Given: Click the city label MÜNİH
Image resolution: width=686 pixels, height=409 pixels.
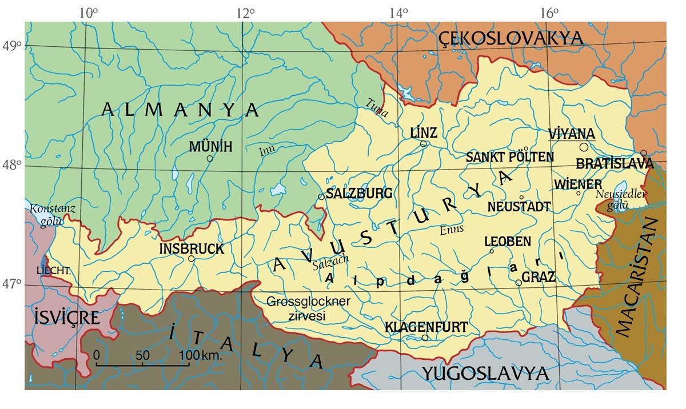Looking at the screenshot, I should (x=210, y=147).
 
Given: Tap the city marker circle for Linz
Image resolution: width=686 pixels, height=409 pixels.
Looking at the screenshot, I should (x=424, y=144).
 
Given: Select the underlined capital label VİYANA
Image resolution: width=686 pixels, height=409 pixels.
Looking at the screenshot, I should (x=572, y=133).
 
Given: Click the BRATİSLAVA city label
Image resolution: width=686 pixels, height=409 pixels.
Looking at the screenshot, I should (x=615, y=164).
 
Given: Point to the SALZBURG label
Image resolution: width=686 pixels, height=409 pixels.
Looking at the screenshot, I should (x=359, y=193).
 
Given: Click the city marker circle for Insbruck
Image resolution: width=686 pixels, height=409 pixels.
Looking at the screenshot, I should (x=192, y=258).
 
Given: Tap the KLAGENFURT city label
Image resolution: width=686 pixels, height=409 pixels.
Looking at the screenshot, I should (x=426, y=327).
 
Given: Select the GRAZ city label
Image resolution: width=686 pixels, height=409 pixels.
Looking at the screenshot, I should (x=539, y=278).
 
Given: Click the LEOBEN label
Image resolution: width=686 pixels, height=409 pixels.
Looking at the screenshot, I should (x=507, y=242).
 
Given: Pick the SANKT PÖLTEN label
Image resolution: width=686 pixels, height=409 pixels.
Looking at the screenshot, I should (x=510, y=157).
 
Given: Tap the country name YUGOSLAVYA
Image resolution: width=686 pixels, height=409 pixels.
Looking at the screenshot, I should (x=485, y=374).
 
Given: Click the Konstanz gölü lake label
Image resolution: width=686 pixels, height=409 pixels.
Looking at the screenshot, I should (x=53, y=215).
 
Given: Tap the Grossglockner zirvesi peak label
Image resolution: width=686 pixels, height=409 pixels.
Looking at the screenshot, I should (x=309, y=306).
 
